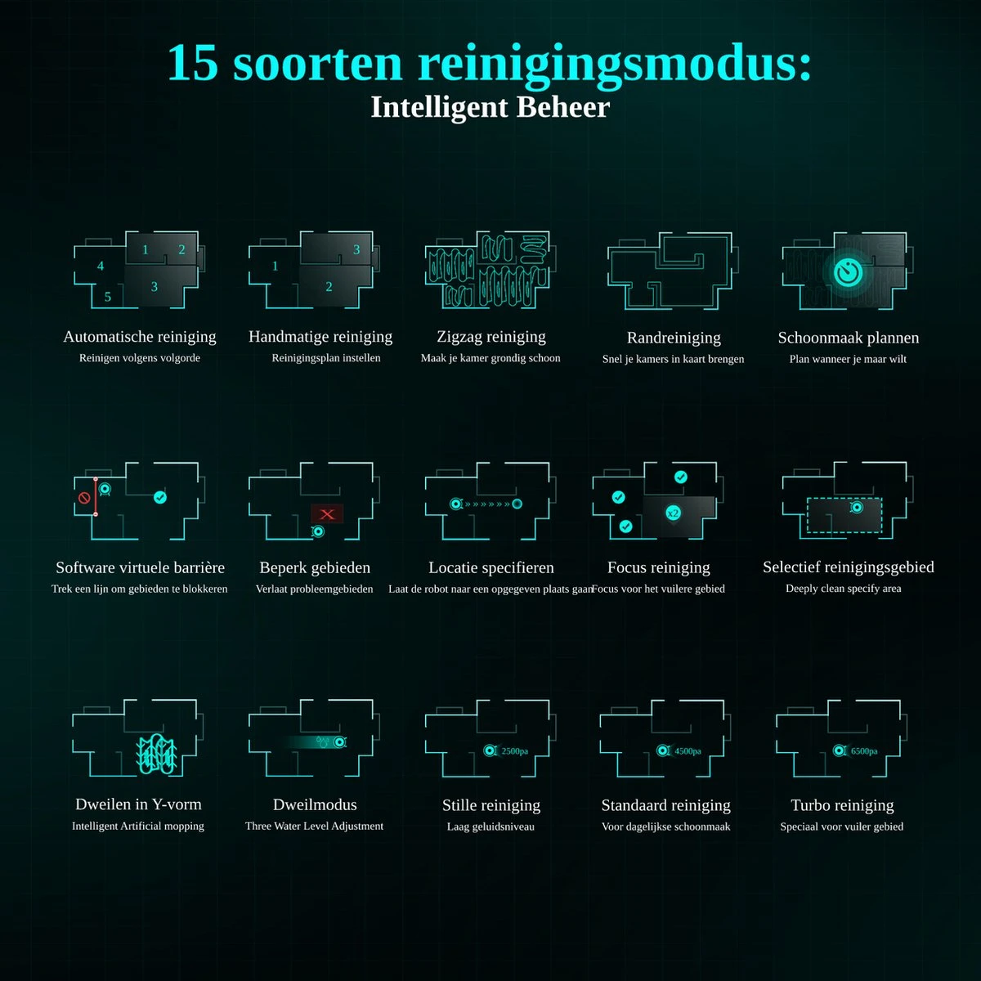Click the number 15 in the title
193,63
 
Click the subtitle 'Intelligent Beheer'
490,107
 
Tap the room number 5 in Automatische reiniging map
107,297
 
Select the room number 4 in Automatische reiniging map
101,266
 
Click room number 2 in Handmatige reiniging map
329,286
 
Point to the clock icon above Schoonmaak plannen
849,271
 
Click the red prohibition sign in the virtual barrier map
83,497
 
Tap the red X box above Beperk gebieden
327,514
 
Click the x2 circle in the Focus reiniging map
673,513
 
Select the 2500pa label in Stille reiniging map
514,751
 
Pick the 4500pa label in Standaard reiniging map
688,751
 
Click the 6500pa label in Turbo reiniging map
864,751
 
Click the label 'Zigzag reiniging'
491,337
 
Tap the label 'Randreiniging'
674,338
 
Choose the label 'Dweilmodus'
315,804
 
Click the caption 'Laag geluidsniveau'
490,826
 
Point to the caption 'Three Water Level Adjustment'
314,826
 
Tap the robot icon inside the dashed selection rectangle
856,508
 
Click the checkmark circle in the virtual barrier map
160,497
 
